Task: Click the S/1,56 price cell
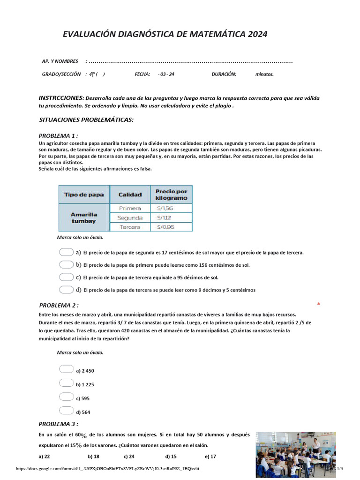(x=171, y=208)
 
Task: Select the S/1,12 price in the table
(x=171, y=217)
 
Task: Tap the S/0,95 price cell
(x=171, y=227)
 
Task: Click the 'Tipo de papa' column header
(x=84, y=195)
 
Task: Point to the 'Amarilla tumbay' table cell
(x=84, y=217)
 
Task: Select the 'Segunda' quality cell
(x=130, y=217)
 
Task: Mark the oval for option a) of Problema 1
(x=67, y=252)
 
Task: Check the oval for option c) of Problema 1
(x=67, y=277)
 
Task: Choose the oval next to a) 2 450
(x=67, y=369)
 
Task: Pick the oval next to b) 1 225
(x=67, y=383)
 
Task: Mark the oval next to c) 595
(x=67, y=397)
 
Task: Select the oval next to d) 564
(x=67, y=411)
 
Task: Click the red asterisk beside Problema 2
(x=319, y=305)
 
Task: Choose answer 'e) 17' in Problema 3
(x=210, y=456)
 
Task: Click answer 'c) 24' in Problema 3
(x=129, y=456)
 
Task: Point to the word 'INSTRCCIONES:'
(x=61, y=98)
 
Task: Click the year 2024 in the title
(x=258, y=34)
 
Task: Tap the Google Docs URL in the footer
(x=107, y=469)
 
